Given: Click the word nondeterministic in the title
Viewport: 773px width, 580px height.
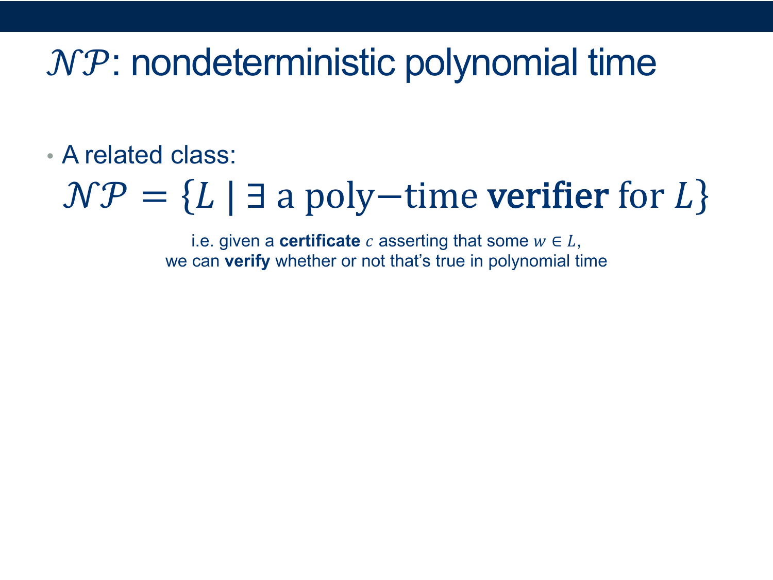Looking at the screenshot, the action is coord(263,63).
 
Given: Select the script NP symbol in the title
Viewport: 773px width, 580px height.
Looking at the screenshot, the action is coord(77,63).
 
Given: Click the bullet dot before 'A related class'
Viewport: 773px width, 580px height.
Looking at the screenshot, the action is coord(50,156).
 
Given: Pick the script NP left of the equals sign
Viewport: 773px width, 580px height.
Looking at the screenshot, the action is coord(94,195).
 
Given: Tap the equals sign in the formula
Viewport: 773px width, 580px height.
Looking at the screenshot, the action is coord(154,197).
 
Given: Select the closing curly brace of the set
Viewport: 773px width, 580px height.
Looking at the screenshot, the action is coord(702,196).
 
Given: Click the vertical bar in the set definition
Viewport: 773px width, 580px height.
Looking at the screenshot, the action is coord(231,197).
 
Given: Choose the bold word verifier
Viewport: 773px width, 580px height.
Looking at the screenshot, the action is coord(548,195).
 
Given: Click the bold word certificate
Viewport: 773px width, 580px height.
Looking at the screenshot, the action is coord(320,241).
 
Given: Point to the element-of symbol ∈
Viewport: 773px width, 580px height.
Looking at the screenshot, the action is coord(557,242).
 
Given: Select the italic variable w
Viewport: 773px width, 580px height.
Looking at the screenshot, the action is coord(540,242).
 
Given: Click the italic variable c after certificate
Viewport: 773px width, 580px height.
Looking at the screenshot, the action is coord(369,242).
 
